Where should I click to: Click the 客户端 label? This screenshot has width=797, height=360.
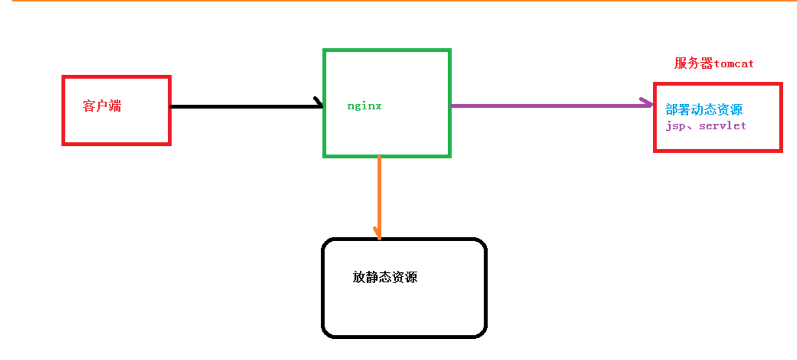pos(102,106)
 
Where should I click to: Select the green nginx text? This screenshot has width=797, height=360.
pos(364,106)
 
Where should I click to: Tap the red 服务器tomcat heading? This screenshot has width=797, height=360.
pos(714,64)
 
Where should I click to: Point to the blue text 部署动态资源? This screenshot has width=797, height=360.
pos(704,109)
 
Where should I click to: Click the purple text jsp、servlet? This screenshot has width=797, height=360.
pos(706,126)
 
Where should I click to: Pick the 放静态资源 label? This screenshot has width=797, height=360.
pos(385,277)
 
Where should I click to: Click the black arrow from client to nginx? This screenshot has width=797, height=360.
pos(245,106)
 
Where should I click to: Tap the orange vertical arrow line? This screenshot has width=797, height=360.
pos(379,196)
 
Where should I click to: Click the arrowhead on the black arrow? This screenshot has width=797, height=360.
pos(319,103)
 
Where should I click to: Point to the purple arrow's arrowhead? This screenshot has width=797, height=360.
pos(647,103)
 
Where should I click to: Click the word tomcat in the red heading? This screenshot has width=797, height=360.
pos(734,64)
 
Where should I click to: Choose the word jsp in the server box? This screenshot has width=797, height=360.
pos(674,126)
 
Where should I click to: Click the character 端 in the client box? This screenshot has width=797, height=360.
pos(115,106)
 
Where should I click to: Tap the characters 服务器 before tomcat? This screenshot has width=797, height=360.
pos(694,64)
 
